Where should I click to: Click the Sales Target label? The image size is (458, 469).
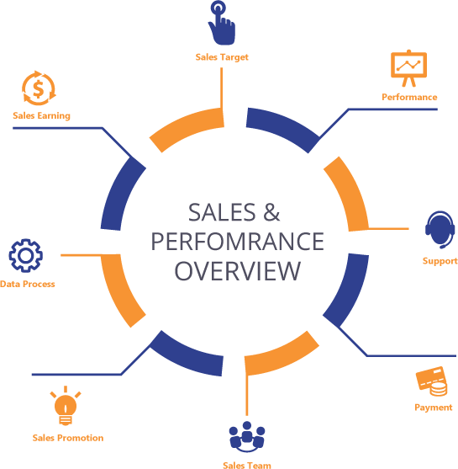pyautogui.click(x=221, y=57)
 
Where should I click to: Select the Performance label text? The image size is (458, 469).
pyautogui.click(x=409, y=97)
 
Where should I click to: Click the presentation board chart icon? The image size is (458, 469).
pyautogui.click(x=408, y=68)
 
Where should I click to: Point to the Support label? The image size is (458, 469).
pyautogui.click(x=440, y=261)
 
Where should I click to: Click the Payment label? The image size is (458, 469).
pyautogui.click(x=433, y=408)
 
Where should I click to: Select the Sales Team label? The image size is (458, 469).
pyautogui.click(x=246, y=464)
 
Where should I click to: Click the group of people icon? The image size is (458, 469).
pyautogui.click(x=246, y=436)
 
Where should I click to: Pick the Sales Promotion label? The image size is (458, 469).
pyautogui.click(x=68, y=438)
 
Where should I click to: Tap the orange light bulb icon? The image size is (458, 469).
pyautogui.click(x=66, y=407)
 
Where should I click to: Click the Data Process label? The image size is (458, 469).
pyautogui.click(x=28, y=285)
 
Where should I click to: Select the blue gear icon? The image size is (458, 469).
pyautogui.click(x=26, y=254)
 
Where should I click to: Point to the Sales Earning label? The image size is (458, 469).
pyautogui.click(x=41, y=115)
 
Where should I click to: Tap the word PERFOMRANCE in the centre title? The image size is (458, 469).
pyautogui.click(x=236, y=242)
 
